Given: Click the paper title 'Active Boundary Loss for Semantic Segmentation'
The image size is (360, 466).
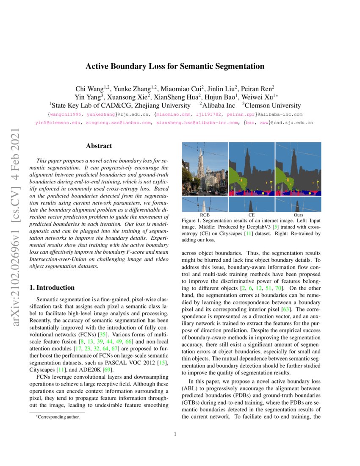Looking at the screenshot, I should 175,66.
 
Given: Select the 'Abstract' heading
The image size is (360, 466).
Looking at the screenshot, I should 99,146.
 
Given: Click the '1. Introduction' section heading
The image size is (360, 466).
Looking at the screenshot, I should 52,288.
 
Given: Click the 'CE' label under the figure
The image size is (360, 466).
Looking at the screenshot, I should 251,215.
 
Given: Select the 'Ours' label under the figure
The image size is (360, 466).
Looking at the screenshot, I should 298,215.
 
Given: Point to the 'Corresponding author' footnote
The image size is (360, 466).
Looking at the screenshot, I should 57,417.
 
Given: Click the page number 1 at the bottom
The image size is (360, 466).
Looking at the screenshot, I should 175,434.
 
